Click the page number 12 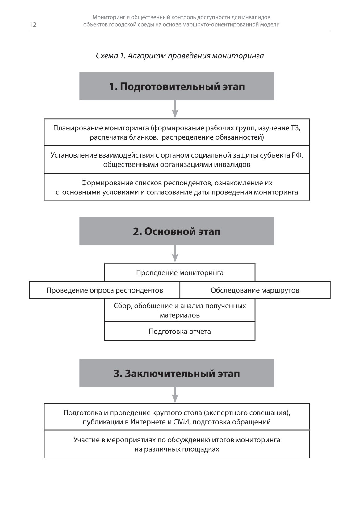[33, 25]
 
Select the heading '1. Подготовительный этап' [177, 86]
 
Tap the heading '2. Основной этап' [177, 231]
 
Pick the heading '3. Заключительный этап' [177, 373]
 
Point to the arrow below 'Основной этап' [175, 254]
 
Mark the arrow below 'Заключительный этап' [175, 395]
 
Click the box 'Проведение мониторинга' [180, 272]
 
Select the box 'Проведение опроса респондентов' [105, 290]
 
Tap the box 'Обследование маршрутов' [255, 290]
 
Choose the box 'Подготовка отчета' [180, 332]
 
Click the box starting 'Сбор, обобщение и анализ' [180, 310]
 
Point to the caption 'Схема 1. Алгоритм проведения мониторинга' [180, 56]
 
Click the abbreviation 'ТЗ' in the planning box [295, 128]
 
